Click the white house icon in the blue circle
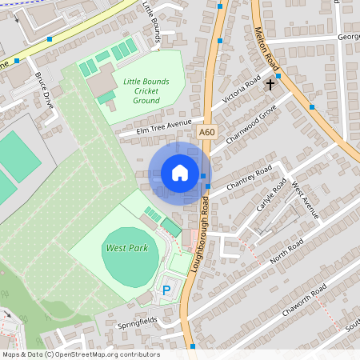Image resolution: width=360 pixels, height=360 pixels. [180, 173]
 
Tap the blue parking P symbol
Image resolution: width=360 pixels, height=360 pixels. [167, 290]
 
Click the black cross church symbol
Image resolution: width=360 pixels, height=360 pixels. [270, 83]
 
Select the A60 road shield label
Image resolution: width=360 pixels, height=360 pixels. [206, 132]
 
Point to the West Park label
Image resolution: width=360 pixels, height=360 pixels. [126, 249]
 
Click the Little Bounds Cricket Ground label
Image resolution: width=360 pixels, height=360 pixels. [146, 90]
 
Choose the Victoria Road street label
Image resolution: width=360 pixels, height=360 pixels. [242, 93]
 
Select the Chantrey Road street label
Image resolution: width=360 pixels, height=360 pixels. [250, 180]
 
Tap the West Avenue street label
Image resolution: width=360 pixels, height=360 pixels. [305, 201]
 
